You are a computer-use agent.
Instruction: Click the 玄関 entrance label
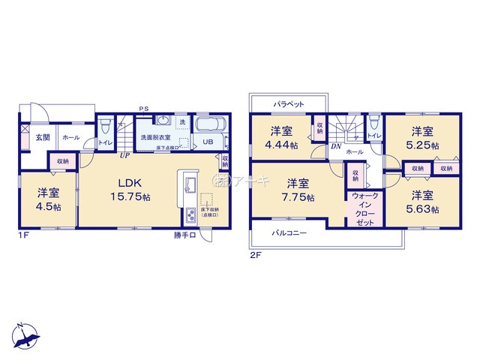(43, 138)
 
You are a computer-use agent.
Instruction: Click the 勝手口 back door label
(184, 235)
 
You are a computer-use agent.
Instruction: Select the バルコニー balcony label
(289, 233)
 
